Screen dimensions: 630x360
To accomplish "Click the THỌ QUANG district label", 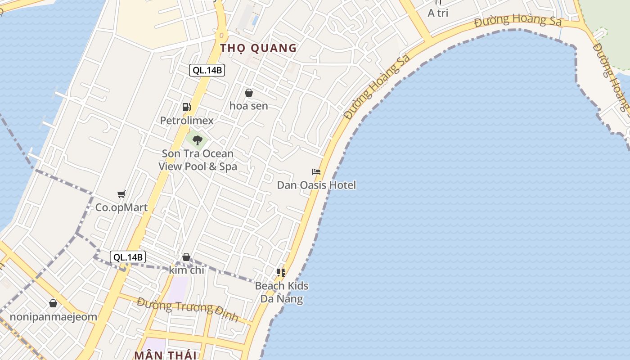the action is coord(258,48).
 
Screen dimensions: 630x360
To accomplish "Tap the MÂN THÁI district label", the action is coord(165,355).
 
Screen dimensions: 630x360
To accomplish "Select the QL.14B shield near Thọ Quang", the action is coord(207,70).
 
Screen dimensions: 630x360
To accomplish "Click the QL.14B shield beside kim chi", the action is coord(128,257).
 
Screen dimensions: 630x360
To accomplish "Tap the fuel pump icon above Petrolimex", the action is coord(186,107).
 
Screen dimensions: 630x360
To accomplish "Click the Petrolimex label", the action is coord(187,121).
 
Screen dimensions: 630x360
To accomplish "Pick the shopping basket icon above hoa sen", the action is coord(248,93).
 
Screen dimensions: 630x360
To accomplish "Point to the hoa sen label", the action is coord(248,106).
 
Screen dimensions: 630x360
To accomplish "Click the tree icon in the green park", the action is coord(197,140).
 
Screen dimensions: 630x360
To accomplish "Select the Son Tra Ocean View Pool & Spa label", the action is coord(198,160).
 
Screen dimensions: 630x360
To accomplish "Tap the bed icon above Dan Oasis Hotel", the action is coord(316,172).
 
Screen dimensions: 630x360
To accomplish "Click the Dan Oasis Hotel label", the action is coord(316,185).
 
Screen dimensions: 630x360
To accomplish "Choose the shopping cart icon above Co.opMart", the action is coord(121,194).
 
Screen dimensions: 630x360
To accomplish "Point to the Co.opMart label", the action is coord(121,208).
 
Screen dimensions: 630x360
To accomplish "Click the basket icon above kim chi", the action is coord(186,257).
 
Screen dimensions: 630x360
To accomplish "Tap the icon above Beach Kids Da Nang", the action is coord(281,272).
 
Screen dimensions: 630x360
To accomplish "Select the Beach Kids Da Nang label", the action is coord(282,292).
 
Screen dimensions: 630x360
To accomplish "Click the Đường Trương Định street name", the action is coord(188,309).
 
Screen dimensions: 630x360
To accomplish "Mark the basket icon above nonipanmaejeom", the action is coord(53,303).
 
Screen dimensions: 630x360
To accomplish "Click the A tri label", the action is coord(438,13).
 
